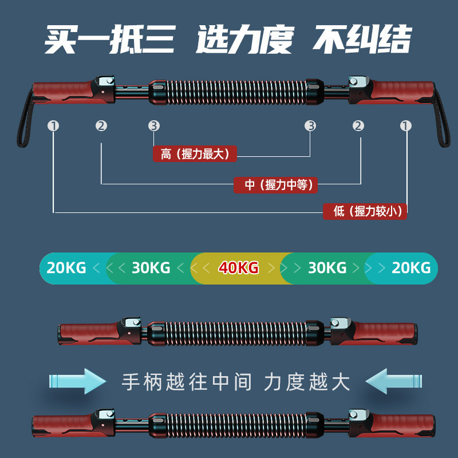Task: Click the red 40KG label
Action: tap(238, 267)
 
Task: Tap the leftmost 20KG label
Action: tap(66, 267)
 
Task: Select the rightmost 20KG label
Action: tap(411, 267)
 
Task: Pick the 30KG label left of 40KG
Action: tap(151, 267)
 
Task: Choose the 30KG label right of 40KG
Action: tap(327, 267)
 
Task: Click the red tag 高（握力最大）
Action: tap(195, 154)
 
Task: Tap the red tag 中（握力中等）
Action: tap(276, 184)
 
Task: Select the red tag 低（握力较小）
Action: tap(365, 211)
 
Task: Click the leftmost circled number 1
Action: tap(54, 126)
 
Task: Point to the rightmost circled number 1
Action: tap(406, 126)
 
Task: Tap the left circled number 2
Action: tap(101, 126)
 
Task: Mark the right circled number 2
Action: tap(358, 126)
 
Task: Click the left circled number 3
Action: tap(153, 126)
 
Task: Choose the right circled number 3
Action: tap(310, 126)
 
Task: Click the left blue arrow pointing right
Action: tap(78, 381)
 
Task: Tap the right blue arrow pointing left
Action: tap(394, 381)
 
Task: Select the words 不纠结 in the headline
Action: tap(362, 40)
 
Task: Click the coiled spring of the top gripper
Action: tap(232, 92)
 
